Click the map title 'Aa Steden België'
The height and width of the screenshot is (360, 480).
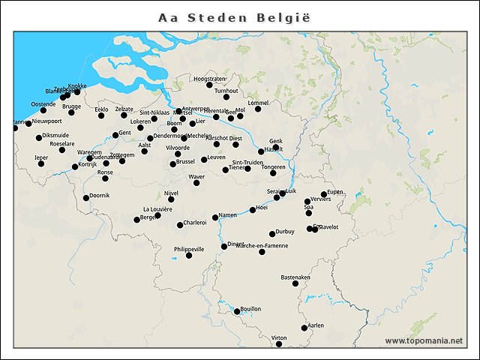pos(234,16)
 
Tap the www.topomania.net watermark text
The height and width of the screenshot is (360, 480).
pos(424,340)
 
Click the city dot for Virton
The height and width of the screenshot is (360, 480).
pos(278,344)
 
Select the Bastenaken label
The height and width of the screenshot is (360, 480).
pos(295,277)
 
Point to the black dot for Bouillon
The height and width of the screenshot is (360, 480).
pos(237,311)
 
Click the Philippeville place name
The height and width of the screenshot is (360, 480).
pos(189,249)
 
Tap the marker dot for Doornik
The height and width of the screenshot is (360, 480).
pos(86,198)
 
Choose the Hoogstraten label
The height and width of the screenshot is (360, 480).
pos(209,79)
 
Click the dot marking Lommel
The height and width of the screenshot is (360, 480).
pos(258,109)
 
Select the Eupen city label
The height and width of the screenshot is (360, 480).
pos(335,192)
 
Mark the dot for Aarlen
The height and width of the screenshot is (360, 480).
pos(304,328)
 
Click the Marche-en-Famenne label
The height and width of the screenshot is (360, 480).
pos(262,246)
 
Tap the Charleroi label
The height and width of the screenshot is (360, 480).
pos(195,223)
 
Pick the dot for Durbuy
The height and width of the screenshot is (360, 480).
pos(272,234)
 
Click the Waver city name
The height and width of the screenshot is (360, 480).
pos(196,176)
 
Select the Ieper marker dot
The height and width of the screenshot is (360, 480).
pos(40,163)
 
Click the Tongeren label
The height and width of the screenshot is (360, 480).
pos(273,167)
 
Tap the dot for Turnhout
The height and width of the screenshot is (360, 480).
pos(226,97)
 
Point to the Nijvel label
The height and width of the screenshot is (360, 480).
pos(172,193)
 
